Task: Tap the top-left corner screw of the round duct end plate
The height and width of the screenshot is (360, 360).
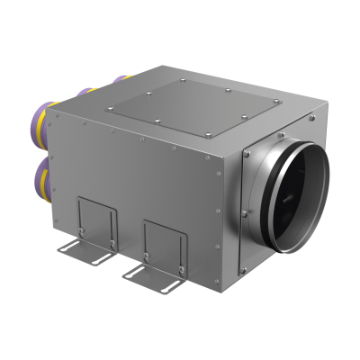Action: (247, 155)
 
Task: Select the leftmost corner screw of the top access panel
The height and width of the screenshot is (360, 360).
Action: (110, 108)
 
